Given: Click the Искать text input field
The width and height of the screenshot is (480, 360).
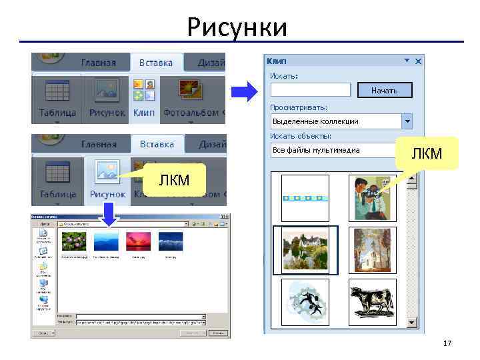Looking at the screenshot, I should tap(310, 89).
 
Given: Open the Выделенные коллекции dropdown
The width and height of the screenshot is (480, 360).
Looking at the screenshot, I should tap(406, 121).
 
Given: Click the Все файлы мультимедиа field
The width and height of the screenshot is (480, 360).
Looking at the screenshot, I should tap(333, 150).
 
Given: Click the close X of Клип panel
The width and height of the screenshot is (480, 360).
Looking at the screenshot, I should tap(418, 61).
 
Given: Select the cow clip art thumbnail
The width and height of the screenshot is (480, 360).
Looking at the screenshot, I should tap(373, 302).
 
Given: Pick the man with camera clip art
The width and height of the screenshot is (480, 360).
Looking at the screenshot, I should tap(373, 198).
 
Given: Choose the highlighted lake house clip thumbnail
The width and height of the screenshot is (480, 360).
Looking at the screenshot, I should tap(305, 250).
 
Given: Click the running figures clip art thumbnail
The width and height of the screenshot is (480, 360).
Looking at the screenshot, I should tap(305, 302).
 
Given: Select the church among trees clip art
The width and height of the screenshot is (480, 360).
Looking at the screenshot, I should tap(373, 250).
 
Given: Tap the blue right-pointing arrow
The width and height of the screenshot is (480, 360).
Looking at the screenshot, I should tap(244, 90).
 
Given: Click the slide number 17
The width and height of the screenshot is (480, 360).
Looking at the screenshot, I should tap(447, 343).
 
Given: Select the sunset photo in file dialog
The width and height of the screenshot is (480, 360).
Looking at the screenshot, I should tap(139, 242).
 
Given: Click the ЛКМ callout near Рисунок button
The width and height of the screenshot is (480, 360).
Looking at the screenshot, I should tap(174, 179).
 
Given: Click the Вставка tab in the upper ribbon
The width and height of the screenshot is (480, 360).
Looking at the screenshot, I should tap(156, 63).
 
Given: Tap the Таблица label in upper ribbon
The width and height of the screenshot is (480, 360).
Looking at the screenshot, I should tap(57, 113).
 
